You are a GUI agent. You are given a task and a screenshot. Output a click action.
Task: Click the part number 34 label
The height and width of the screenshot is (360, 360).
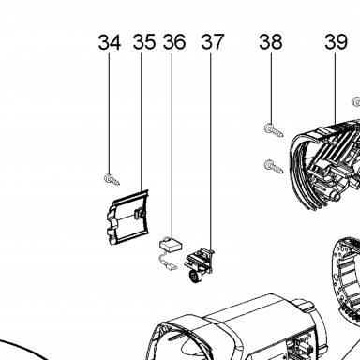coord(110,42)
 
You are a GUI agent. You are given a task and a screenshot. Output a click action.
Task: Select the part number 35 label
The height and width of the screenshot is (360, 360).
coord(144,42)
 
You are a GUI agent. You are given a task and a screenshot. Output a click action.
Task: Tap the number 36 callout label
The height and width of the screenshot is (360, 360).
coord(174,42)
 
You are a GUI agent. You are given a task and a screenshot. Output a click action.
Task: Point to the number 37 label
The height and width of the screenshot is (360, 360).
coord(213,42)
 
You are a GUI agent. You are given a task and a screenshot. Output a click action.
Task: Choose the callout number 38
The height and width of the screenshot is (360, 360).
coord(271,42)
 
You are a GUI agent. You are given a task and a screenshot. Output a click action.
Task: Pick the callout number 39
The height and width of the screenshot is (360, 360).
coord(337,42)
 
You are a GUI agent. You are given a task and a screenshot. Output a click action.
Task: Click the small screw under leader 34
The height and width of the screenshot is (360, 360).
coord(112,179)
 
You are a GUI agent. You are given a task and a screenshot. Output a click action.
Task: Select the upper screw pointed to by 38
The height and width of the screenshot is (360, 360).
coord(274,130)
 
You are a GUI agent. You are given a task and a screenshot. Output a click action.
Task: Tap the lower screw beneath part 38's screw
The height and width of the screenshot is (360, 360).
coord(274,166)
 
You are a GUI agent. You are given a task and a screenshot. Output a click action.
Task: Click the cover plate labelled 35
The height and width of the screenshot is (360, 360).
coord(127,217)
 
